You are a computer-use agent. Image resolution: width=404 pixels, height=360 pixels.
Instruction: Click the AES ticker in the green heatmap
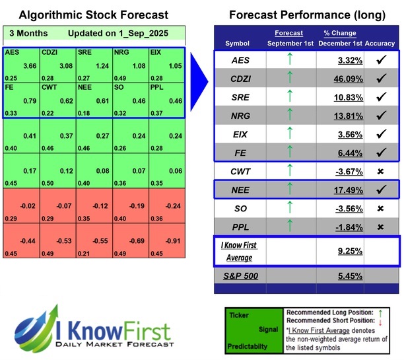coord(11,52)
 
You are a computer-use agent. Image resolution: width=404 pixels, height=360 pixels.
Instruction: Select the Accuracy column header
coord(380,43)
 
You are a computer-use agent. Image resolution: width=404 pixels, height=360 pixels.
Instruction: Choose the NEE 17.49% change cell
coord(341,190)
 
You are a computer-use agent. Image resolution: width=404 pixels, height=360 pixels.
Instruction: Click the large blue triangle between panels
coord(201,76)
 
